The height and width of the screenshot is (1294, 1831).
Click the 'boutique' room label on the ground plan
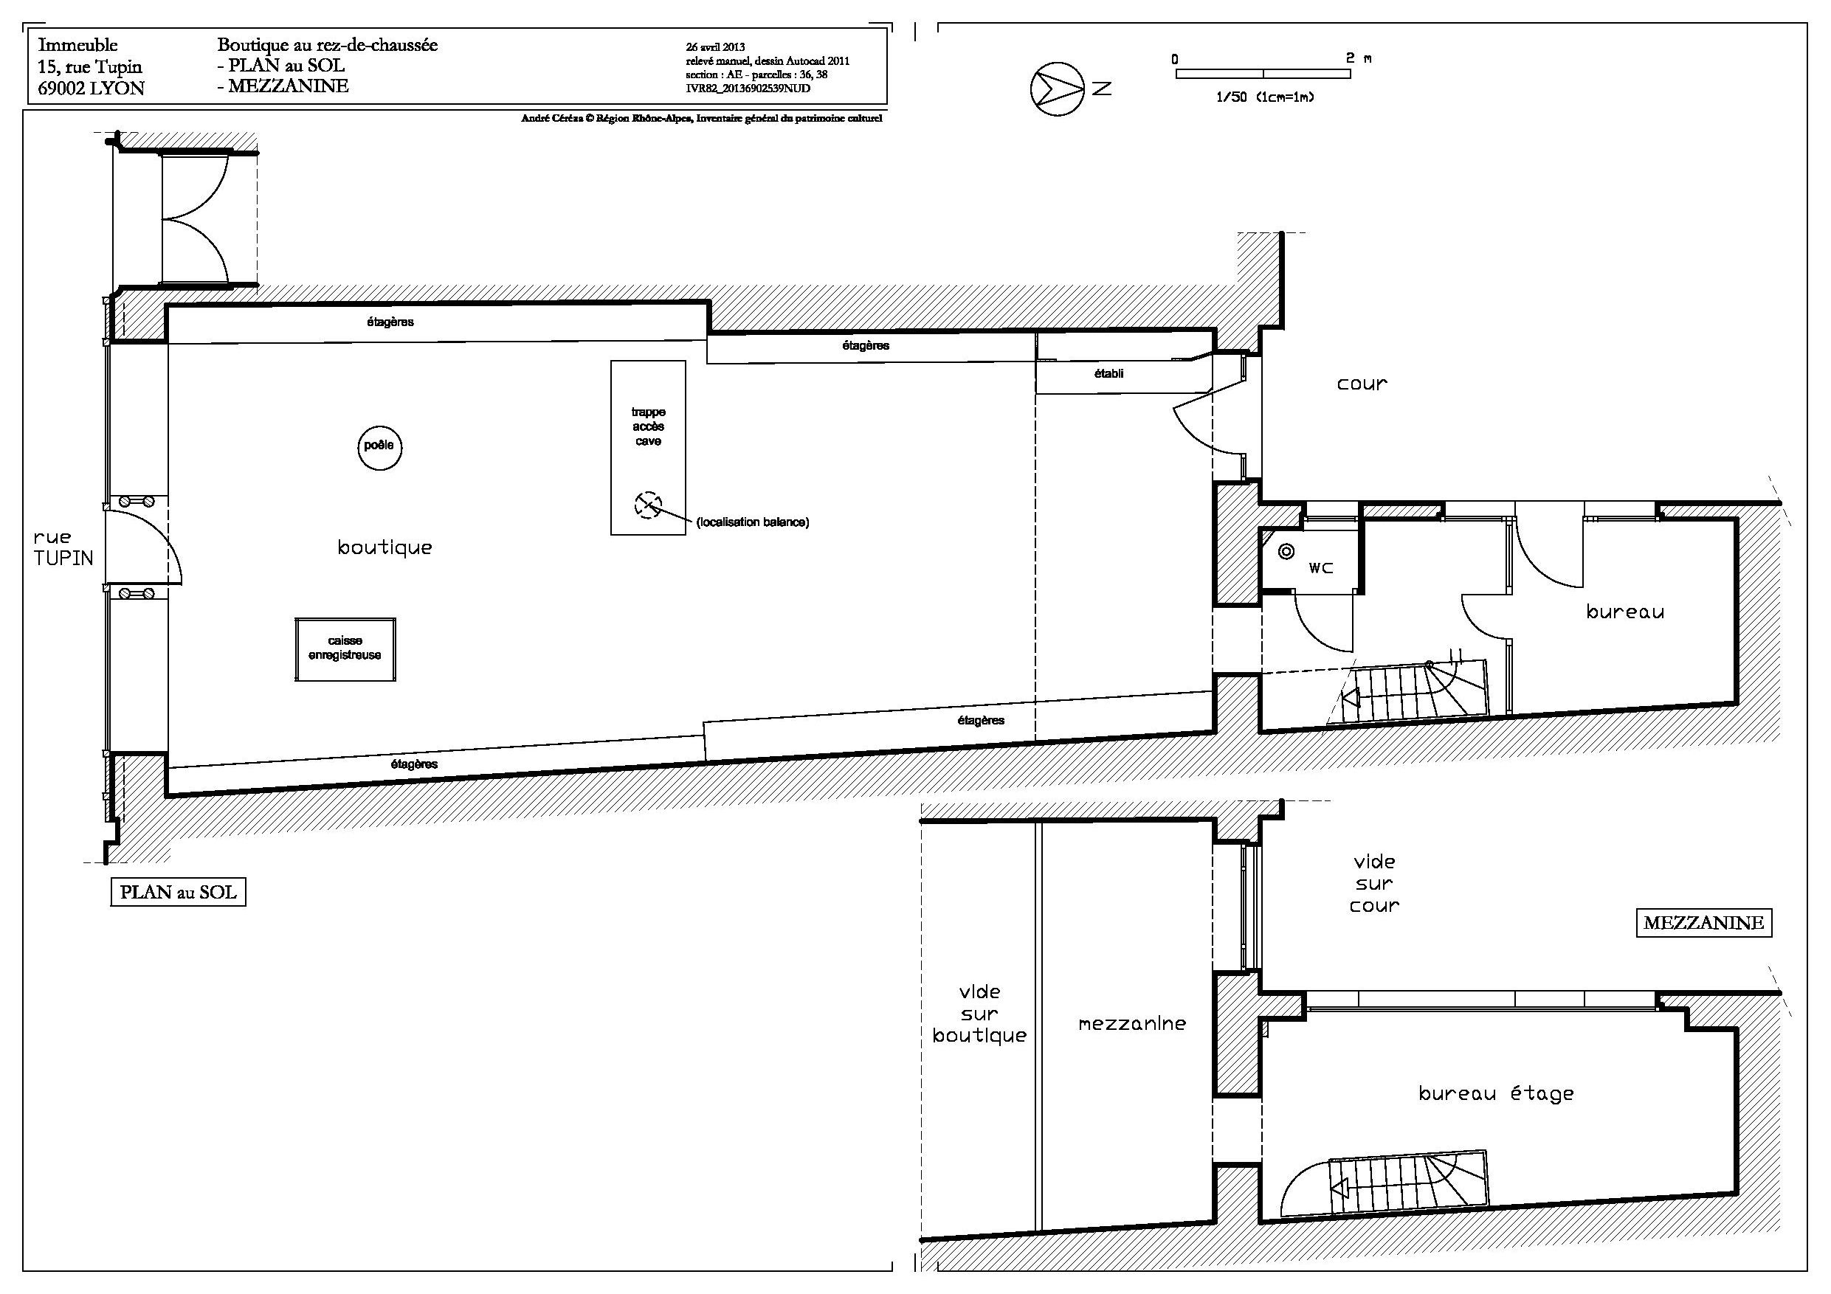[x=385, y=547]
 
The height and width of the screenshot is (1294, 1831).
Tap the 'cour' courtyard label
[x=1362, y=384]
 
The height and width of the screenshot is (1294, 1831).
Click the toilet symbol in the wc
[x=1286, y=551]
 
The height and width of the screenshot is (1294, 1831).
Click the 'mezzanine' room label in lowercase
[x=1131, y=1023]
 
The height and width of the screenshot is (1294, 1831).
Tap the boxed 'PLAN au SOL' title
[x=178, y=891]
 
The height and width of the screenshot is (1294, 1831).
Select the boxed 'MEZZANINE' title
[x=1703, y=922]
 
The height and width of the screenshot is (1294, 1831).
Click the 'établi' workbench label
[x=1108, y=373]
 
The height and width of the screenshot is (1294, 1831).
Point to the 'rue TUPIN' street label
[x=63, y=547]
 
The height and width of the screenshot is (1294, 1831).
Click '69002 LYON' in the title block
[x=91, y=89]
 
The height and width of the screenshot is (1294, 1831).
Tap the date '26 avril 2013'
[x=715, y=47]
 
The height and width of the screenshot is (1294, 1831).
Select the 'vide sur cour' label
[x=1374, y=883]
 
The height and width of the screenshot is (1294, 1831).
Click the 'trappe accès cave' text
[x=649, y=426]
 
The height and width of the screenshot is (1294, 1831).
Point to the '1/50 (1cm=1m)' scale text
[x=1265, y=97]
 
